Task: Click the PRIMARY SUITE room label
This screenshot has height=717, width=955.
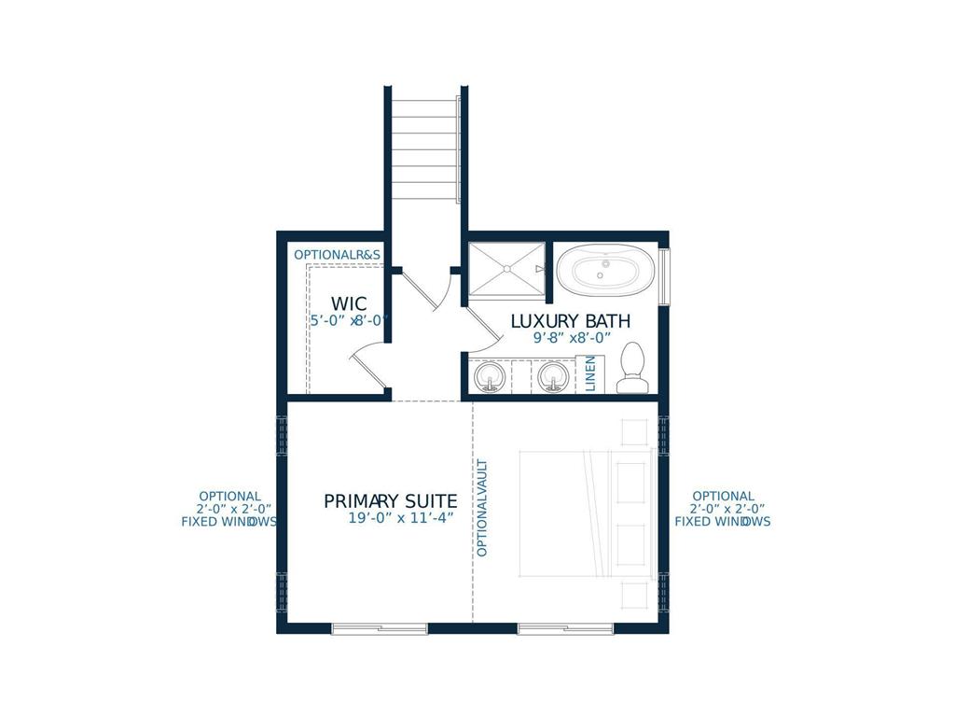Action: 390,501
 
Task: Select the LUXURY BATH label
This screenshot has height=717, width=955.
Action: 570,321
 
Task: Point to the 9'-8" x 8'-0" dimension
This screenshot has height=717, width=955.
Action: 571,339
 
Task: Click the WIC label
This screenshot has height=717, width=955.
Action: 348,304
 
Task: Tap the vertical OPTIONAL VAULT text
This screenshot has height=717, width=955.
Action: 482,508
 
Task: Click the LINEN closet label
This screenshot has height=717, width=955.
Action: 590,374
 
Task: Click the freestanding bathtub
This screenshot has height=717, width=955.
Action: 604,271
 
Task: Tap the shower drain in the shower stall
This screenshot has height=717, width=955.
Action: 505,269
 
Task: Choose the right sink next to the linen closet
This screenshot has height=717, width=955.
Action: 552,377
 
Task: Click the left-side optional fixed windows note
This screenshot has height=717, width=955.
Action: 228,509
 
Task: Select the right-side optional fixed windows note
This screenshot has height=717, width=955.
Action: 723,509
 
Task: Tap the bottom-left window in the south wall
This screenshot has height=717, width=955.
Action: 380,628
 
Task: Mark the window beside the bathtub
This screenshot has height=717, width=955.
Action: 664,276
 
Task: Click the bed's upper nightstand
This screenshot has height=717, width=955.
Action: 634,432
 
